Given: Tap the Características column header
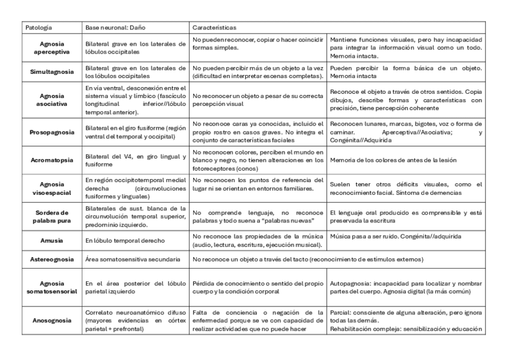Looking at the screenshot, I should tap(214, 28).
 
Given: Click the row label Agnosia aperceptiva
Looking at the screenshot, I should tap(52, 48).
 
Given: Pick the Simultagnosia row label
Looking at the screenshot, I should tap(52, 72).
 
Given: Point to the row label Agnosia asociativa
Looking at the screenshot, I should tap(52, 99).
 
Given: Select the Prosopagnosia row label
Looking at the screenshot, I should tap(52, 130).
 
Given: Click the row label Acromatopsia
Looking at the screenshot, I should tap(52, 161).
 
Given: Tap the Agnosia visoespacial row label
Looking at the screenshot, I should tap(52, 187).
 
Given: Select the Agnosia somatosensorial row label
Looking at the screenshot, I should tap(52, 287).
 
